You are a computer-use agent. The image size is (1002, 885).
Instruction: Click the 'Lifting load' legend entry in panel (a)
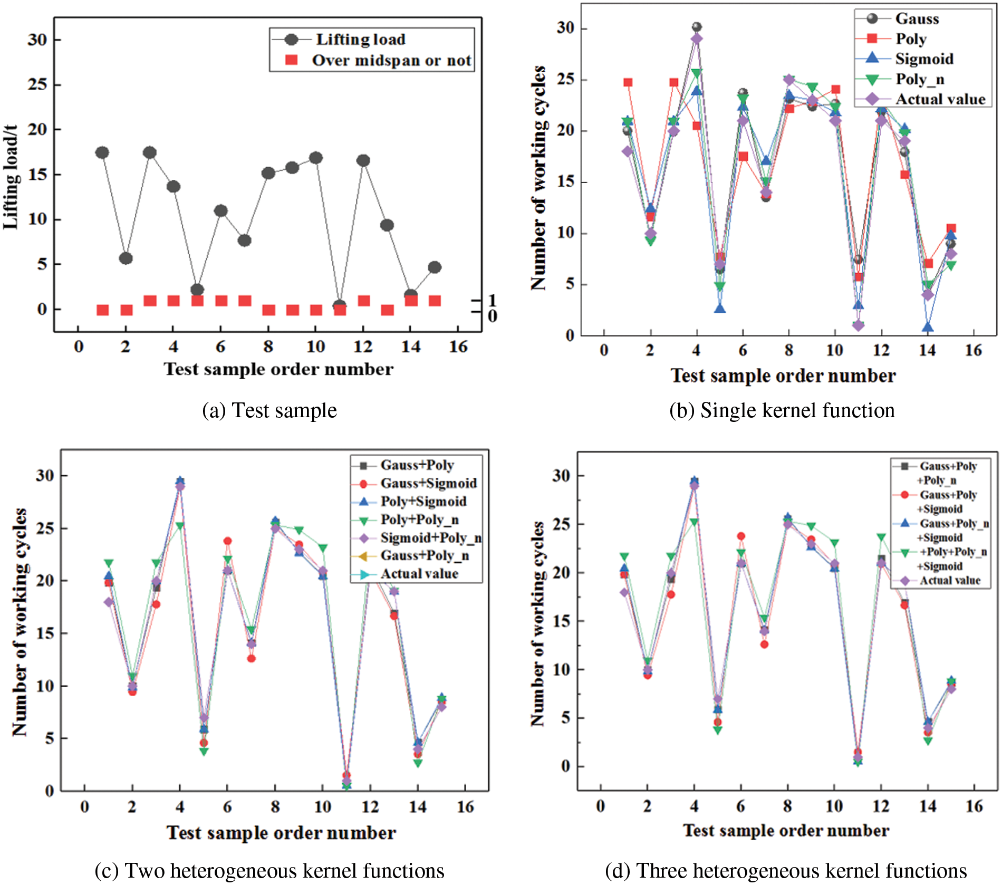360,40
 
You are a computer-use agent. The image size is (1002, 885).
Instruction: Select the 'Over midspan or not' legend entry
391,61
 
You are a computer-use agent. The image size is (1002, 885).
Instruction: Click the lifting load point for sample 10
316,158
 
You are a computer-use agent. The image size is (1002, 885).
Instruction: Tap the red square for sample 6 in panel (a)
221,301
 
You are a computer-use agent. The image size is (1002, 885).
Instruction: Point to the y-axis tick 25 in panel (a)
37,84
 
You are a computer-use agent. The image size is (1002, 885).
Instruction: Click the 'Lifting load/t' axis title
11,177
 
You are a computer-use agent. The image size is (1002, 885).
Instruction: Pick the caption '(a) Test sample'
269,410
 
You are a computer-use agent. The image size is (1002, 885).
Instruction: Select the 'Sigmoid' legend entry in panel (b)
924,59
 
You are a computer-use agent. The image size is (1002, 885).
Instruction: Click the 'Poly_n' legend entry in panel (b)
920,79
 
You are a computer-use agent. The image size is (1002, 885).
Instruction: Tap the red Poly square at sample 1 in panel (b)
628,82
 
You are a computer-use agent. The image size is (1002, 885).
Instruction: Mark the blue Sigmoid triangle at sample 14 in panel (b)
928,327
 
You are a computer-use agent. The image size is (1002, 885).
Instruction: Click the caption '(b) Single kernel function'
782,410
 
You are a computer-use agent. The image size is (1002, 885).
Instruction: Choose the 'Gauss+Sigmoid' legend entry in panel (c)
428,483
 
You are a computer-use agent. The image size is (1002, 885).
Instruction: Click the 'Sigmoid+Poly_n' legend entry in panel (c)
431,538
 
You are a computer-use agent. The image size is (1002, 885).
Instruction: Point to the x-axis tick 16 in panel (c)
465,807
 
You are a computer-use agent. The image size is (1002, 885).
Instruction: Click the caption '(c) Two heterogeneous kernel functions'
269,871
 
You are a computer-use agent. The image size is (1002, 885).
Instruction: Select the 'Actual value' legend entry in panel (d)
950,581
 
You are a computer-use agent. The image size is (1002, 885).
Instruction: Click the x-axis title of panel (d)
786,831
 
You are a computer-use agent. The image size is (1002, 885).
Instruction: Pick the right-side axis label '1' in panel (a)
492,300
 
